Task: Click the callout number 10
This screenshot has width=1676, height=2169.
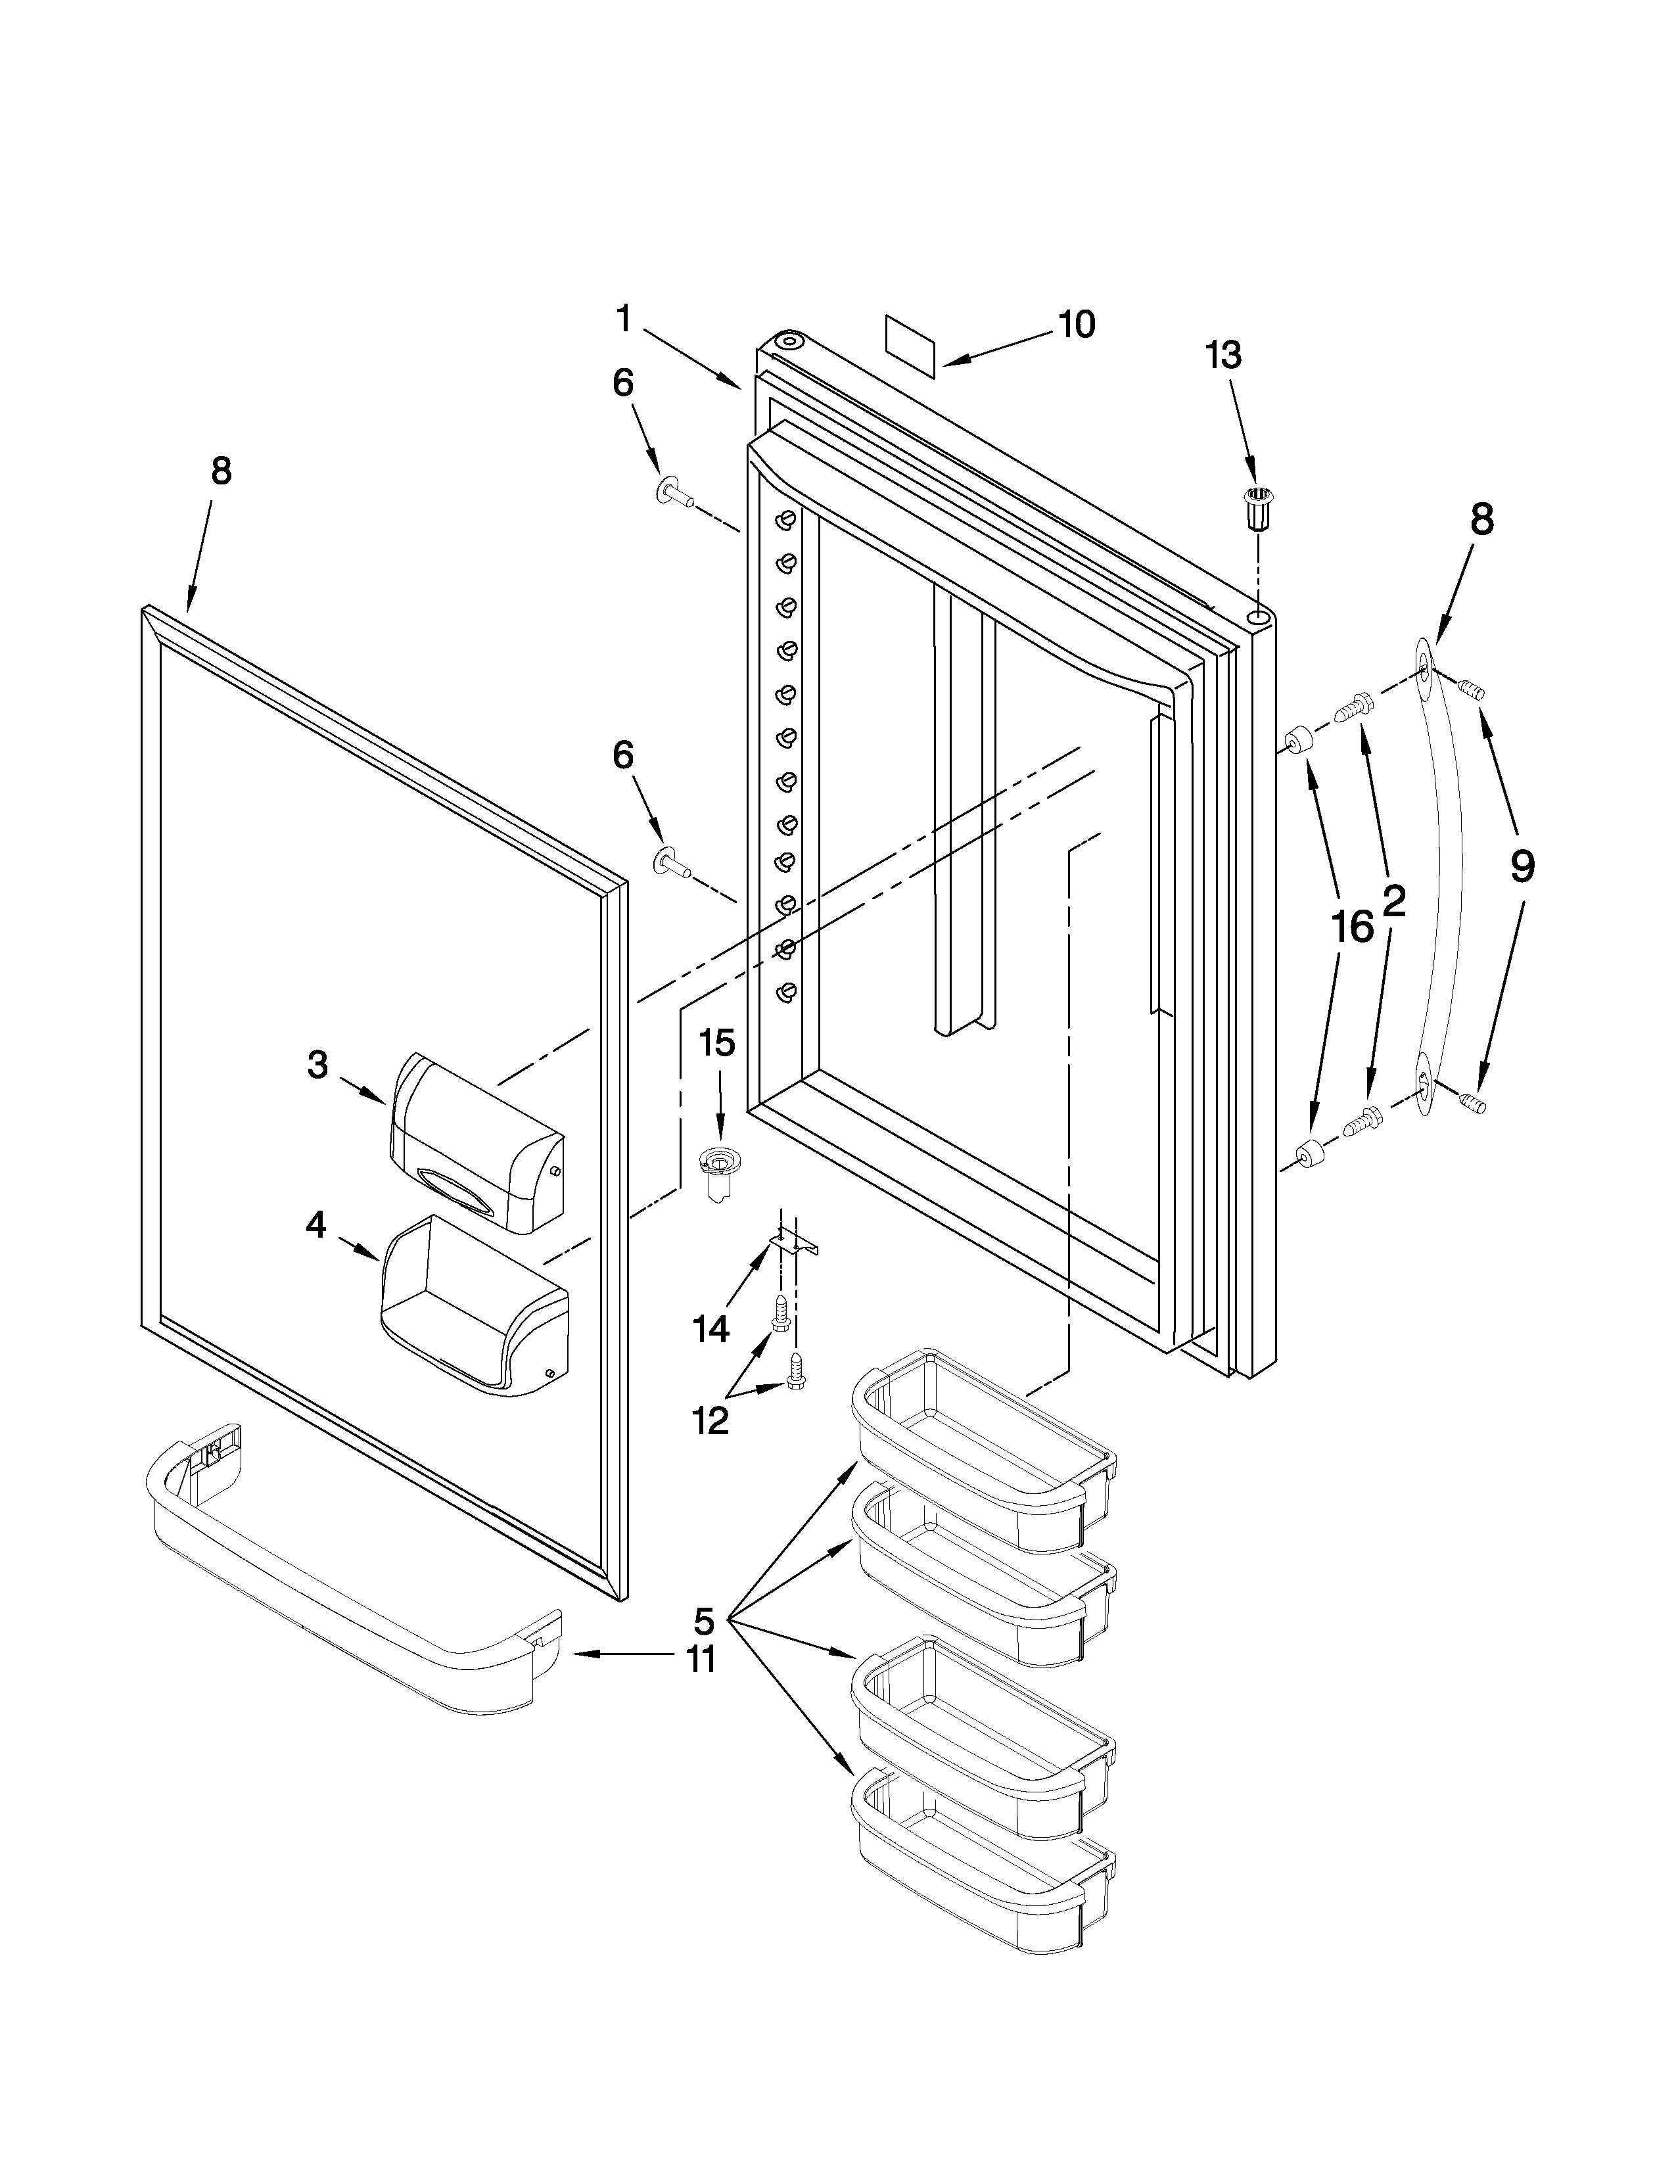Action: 1075,324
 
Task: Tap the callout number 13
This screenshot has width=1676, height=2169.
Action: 1223,354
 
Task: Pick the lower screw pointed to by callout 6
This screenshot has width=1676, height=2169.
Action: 670,862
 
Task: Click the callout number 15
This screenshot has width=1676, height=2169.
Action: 717,1043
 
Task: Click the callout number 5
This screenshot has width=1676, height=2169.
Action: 703,1621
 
